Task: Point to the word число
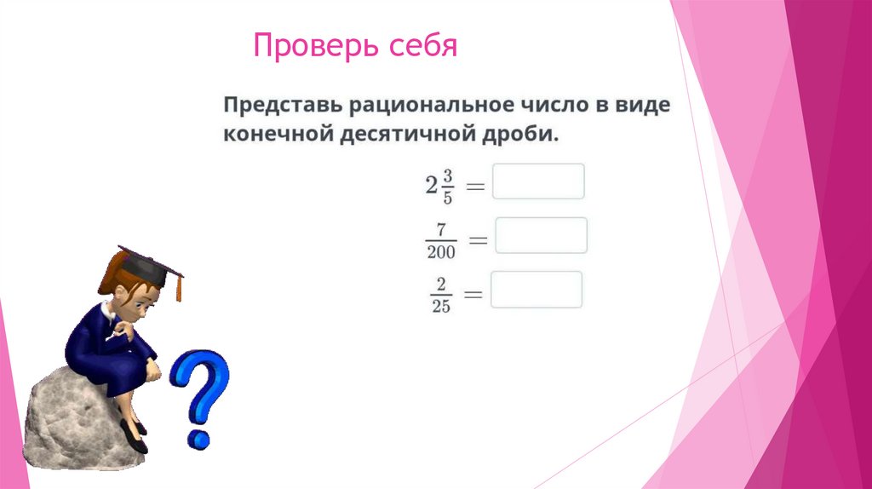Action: click(547, 106)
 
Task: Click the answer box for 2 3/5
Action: click(538, 181)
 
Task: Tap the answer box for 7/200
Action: click(541, 235)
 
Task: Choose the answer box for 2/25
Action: click(536, 290)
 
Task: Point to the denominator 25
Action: click(440, 307)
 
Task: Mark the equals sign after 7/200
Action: click(478, 241)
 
